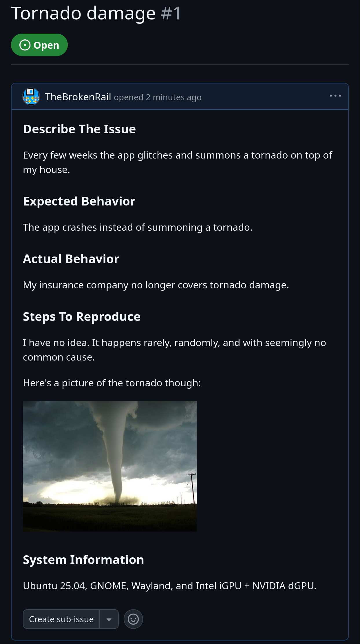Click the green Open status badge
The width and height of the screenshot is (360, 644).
[39, 45]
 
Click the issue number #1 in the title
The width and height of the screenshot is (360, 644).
[171, 13]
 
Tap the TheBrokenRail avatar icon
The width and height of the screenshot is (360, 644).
[31, 97]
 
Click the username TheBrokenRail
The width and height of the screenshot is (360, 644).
[78, 97]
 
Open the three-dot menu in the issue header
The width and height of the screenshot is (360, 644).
[335, 96]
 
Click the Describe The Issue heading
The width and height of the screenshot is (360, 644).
[79, 129]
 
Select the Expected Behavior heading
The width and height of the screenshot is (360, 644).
[79, 201]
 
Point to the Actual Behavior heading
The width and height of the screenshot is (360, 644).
[71, 259]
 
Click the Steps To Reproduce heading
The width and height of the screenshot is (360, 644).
[82, 316]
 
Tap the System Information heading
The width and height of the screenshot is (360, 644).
[83, 560]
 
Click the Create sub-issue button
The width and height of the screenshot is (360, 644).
[61, 619]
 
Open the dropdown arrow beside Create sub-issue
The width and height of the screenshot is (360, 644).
[109, 619]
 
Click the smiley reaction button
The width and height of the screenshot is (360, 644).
[133, 619]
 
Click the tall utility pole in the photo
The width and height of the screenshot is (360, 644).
[192, 488]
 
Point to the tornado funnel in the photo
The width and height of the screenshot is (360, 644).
[116, 458]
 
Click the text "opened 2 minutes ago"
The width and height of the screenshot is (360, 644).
[158, 97]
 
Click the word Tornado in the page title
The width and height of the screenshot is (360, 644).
[46, 13]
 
